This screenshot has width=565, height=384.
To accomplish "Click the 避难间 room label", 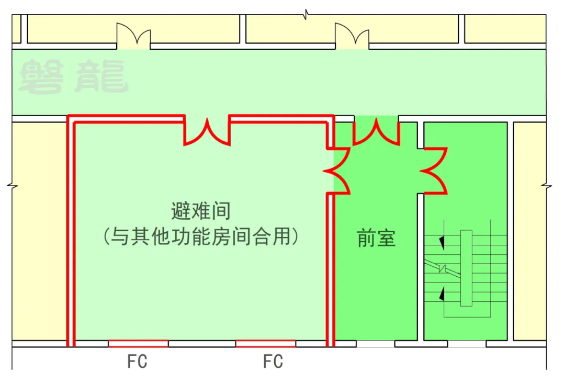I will coord(201,212).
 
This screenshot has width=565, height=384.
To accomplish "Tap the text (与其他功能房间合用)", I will coord(201,237).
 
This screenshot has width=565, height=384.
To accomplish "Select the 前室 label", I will coord(376,238).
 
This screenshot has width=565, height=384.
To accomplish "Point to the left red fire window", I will coord(138,344).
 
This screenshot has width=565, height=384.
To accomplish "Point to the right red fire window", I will coord(265,344).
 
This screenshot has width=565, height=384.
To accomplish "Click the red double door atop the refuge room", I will coord(207,132).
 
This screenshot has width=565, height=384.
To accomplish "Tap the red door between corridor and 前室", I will coord(376,131).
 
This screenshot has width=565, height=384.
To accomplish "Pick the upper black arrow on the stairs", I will coord(443,242).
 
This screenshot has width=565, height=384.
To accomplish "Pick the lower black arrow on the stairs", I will coord(443,293).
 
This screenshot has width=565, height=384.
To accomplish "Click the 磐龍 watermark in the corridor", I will coord(73,77).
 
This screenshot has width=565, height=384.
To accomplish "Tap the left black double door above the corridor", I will coord(133,36).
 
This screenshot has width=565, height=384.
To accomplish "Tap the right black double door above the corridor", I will coord(352,36).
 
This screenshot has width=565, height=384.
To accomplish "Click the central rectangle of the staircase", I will coord(466,268).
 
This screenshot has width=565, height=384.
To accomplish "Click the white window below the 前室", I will coord(376,344).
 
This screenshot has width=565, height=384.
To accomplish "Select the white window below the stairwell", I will coord(467,344).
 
